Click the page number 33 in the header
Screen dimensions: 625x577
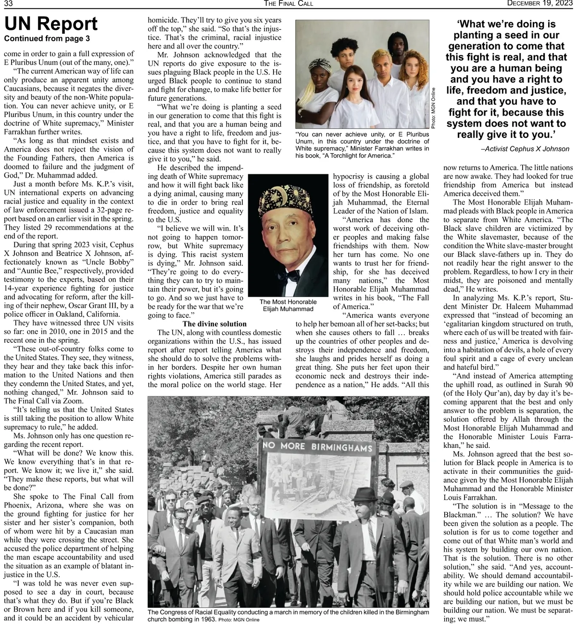[x=8, y=4]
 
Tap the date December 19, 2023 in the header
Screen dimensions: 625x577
[x=540, y=4]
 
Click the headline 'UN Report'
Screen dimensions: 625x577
[x=50, y=24]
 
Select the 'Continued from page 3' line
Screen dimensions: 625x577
[x=47, y=39]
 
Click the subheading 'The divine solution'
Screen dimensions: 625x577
[x=214, y=324]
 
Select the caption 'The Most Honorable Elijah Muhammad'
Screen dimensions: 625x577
[x=288, y=305]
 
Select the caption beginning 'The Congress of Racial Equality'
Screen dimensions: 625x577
[x=288, y=612]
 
